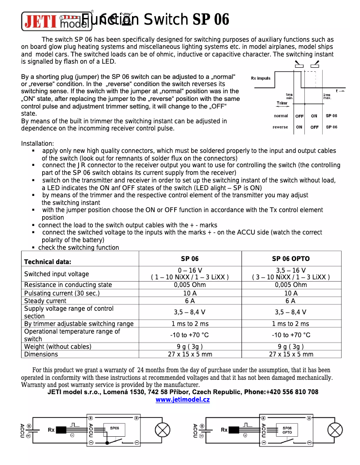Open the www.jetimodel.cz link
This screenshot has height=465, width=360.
[183, 400]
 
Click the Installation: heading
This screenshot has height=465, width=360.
[38, 143]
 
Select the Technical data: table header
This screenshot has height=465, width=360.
[48, 262]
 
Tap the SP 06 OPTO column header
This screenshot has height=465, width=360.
[290, 259]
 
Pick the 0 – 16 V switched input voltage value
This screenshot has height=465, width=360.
[190, 270]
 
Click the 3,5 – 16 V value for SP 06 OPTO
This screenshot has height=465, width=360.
[290, 270]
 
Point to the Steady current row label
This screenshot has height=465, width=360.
[45, 301]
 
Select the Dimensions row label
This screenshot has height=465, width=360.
[41, 354]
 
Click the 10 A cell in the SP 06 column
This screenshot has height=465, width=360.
[190, 293]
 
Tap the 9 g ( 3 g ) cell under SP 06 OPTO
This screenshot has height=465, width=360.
[290, 346]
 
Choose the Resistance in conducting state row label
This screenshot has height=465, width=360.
[68, 285]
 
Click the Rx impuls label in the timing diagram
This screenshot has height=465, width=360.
[261, 78]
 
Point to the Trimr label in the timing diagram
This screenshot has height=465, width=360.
[282, 104]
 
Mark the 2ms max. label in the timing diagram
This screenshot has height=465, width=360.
[327, 96]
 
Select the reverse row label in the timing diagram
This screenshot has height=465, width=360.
[281, 127]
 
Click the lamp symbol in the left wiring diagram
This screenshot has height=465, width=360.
[162, 430]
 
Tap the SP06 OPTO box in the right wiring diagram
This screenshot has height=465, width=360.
[287, 430]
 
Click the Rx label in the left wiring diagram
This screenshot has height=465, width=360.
[51, 430]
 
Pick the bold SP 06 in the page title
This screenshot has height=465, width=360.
[211, 20]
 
